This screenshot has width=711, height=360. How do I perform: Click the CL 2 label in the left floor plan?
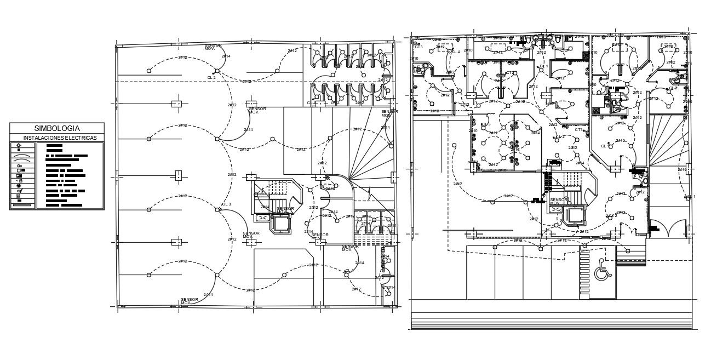[x=211, y=78]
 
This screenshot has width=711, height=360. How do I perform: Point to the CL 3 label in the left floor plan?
[x=226, y=204]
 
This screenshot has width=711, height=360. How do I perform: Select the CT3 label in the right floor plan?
[x=418, y=48]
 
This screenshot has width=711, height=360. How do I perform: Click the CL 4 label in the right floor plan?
[x=455, y=52]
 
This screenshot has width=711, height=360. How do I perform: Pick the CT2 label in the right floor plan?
[x=509, y=73]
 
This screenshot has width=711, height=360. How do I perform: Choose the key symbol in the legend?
[x=19, y=165]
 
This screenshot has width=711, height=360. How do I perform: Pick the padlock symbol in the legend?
[x=20, y=180]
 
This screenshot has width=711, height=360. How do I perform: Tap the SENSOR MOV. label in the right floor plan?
[x=557, y=201]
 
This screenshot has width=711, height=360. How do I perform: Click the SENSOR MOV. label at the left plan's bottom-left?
[x=189, y=301]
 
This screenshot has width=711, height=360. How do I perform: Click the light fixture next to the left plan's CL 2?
[x=217, y=72]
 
